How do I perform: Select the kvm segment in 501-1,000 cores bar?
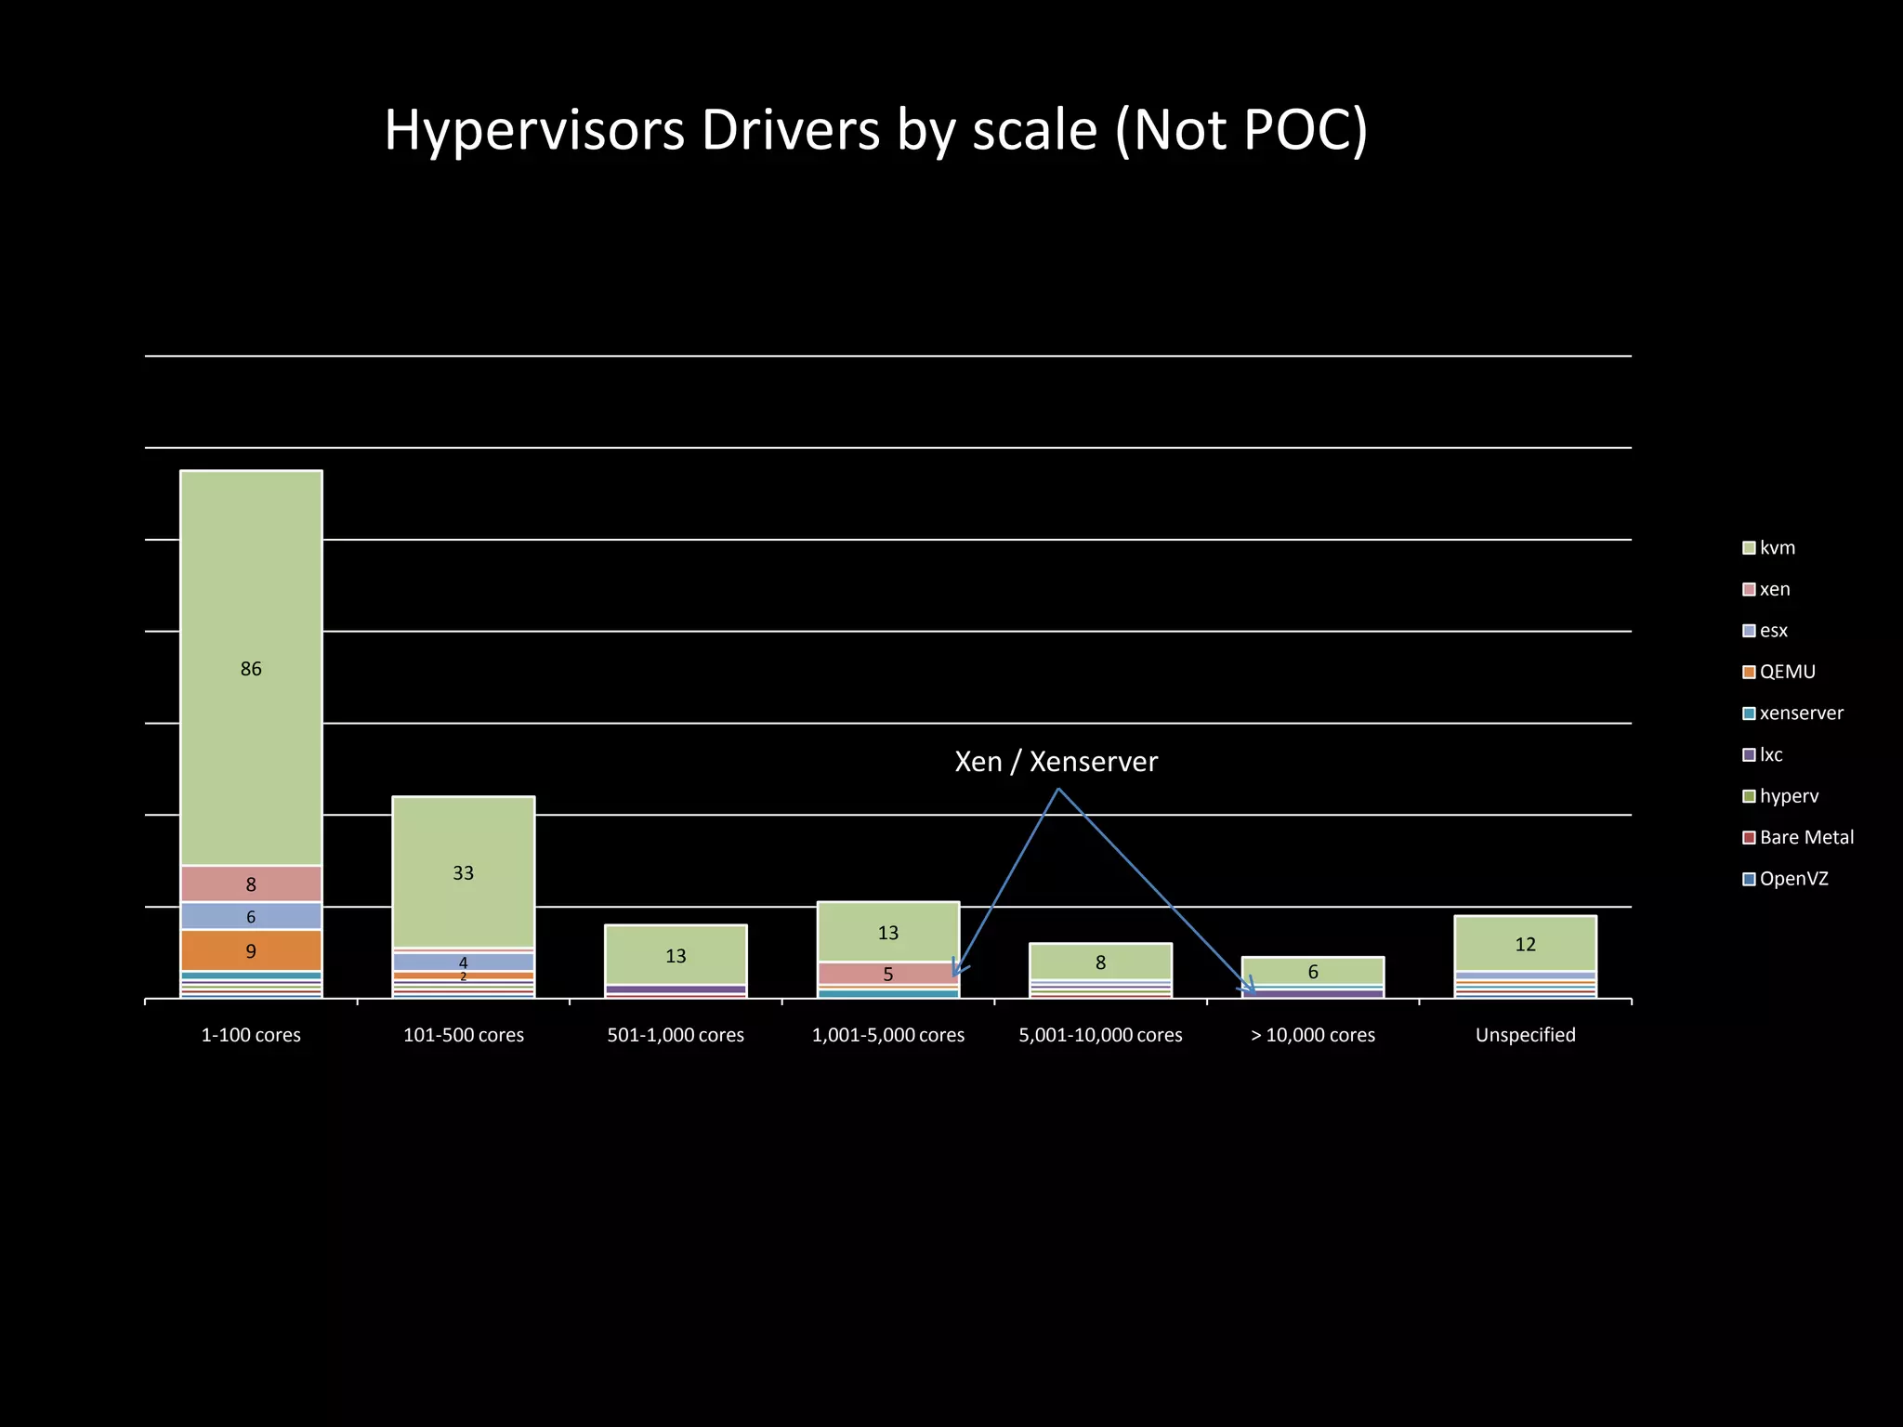[x=676, y=954]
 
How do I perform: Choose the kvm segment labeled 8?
[x=1100, y=962]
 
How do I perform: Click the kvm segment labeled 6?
[x=1313, y=971]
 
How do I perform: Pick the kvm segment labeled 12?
[x=1525, y=944]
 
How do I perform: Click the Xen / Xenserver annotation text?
[x=1056, y=762]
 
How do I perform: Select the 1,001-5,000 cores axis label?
[x=887, y=1035]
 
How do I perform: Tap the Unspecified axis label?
[x=1525, y=1035]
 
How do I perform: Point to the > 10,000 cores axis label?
[x=1313, y=1035]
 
